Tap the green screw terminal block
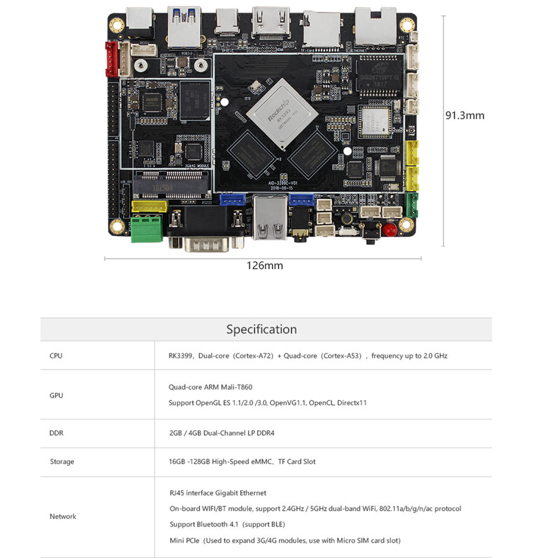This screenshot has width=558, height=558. pos(146,229)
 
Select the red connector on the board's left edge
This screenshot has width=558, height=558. pos(111,59)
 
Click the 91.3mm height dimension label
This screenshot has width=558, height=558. pos(464,115)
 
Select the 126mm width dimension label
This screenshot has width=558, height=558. pos(264,266)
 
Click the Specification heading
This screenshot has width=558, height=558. pos(262,330)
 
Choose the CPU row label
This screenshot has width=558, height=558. pos(56,356)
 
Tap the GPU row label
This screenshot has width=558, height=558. pos(56,395)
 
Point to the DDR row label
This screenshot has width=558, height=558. pos(56,433)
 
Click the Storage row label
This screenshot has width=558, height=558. pos(62,462)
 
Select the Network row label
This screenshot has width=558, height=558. pos(63,516)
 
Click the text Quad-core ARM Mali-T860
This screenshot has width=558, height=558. pos(210,387)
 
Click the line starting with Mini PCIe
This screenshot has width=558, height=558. pos(285,541)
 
